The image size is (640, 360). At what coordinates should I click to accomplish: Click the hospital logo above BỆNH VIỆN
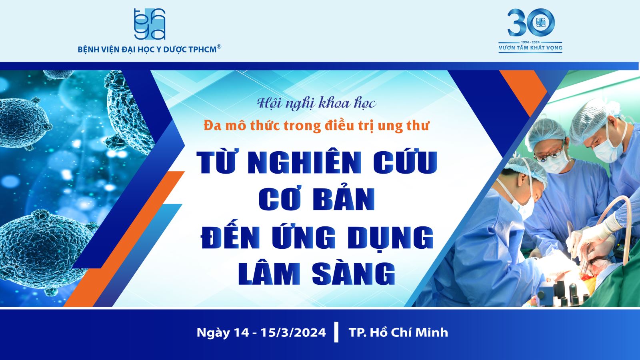[x=150, y=24]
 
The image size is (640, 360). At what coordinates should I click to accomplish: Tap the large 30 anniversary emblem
[x=531, y=22]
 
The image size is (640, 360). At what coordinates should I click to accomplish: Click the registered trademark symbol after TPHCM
[x=219, y=46]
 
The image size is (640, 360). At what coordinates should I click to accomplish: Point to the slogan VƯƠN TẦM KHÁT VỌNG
[x=530, y=48]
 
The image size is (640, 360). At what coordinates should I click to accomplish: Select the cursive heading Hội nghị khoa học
[x=316, y=103]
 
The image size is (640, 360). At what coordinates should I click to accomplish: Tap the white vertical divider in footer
[x=336, y=332]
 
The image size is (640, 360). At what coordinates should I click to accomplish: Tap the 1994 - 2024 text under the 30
[x=530, y=42]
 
